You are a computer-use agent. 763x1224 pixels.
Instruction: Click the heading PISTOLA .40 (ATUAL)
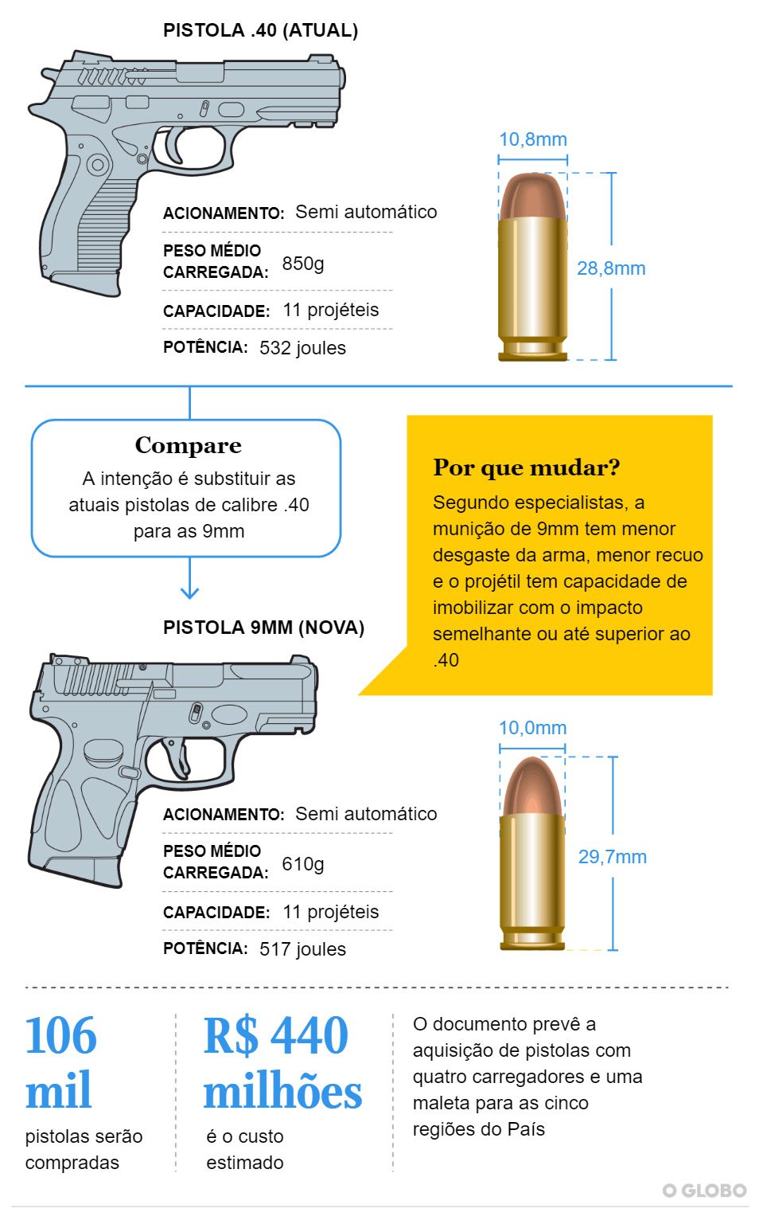(x=260, y=30)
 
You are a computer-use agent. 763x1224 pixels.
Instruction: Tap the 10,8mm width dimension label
(x=533, y=139)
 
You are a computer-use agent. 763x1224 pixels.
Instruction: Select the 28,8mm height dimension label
(x=611, y=268)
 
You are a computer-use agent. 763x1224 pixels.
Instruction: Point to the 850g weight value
(x=303, y=264)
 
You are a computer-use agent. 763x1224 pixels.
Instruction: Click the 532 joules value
(x=302, y=348)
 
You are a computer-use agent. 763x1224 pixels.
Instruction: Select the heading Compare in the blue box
(x=189, y=446)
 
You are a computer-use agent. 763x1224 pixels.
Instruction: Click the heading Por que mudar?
(x=527, y=467)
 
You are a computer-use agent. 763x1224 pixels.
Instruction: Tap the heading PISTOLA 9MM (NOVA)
(x=263, y=628)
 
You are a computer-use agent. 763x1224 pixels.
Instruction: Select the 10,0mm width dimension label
(x=533, y=728)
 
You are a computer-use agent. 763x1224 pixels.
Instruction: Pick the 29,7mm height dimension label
(x=613, y=857)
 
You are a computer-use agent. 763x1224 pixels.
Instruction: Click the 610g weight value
(x=303, y=864)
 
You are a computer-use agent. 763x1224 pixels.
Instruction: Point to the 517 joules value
(x=302, y=949)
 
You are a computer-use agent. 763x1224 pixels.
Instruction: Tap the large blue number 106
(x=61, y=1035)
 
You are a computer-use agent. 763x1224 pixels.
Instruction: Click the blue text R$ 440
(x=275, y=1035)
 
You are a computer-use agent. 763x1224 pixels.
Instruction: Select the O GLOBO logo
(x=705, y=1191)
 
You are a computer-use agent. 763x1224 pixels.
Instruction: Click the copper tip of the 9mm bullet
(x=532, y=786)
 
